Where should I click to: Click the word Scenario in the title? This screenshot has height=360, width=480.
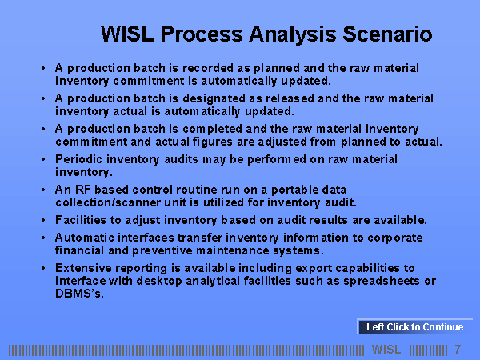coord(387,34)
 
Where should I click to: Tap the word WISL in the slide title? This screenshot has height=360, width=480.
coord(127,34)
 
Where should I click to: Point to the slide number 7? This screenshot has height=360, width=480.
coord(458,350)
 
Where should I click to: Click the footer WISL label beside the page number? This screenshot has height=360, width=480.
coord(386,350)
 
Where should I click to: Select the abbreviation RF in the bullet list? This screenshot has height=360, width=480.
coord(82,190)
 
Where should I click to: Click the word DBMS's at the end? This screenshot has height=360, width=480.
coord(79,294)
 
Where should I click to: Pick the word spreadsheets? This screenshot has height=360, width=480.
coord(382,281)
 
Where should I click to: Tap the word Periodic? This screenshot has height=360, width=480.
coord(78,159)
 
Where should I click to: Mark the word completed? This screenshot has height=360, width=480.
coord(213,129)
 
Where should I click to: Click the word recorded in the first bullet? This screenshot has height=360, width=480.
coord(208,68)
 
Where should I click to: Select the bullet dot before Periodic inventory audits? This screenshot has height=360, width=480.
coord(43,159)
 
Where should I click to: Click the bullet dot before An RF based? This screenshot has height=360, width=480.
coord(43,190)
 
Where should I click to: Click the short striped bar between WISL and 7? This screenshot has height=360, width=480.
coord(428,350)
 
